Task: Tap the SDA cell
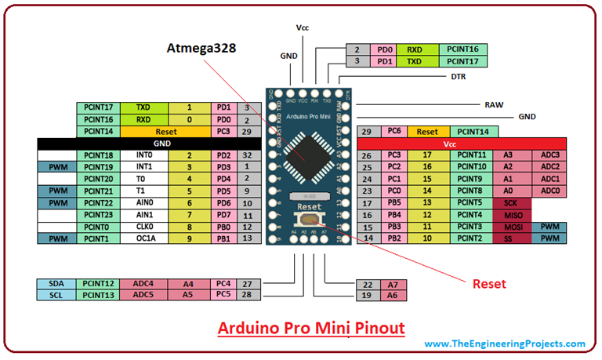(56, 284)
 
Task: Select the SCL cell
(56, 295)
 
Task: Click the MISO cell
(511, 214)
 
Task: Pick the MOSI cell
(511, 226)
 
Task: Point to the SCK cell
(511, 202)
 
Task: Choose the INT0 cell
(143, 155)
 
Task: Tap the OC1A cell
(143, 238)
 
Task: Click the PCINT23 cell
(99, 214)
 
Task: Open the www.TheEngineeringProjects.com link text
(504, 344)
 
